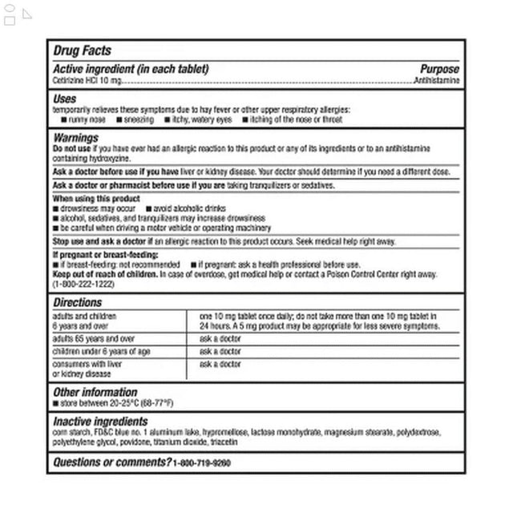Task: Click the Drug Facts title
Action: tap(82, 50)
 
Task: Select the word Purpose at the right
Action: tap(439, 70)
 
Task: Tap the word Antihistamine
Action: tap(437, 82)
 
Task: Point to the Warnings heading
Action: tap(75, 138)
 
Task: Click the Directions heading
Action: tap(77, 303)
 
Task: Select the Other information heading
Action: tap(95, 392)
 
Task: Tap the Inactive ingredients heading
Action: tap(100, 422)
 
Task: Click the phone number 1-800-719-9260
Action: tap(201, 463)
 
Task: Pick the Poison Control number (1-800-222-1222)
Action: tap(83, 285)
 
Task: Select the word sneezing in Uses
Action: tap(138, 119)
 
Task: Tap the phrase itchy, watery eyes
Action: tap(201, 119)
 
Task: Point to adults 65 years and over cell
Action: tap(94, 339)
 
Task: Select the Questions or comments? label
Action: tap(111, 463)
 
